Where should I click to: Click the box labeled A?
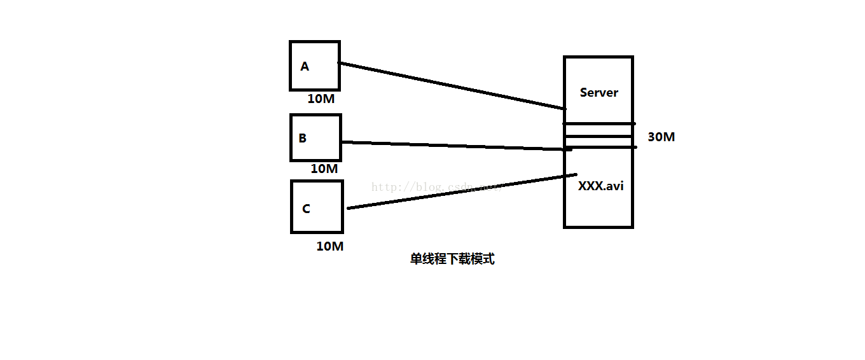tap(315, 66)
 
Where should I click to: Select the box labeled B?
tap(315, 137)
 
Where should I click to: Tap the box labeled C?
tap(317, 207)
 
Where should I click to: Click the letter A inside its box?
tap(305, 67)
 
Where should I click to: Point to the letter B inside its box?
tap(303, 138)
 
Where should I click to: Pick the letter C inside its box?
tap(306, 209)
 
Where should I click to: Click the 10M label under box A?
tap(321, 99)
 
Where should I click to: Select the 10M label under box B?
tap(324, 169)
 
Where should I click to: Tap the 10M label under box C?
tap(330, 246)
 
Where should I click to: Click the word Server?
tap(599, 93)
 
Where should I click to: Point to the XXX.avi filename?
tap(600, 187)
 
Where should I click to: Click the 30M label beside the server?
tap(661, 137)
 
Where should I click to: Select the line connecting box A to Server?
tap(452, 86)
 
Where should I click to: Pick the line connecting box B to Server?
tap(455, 146)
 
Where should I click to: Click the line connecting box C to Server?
tap(461, 191)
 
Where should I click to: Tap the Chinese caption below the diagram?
tap(452, 260)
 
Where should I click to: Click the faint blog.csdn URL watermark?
tap(432, 187)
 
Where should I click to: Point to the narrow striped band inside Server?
tap(598, 135)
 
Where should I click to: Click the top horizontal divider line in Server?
tap(598, 123)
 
